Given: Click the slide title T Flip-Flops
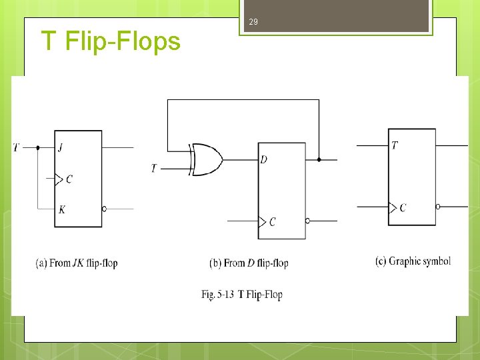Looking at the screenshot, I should coord(111,41).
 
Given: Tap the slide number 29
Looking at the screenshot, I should coord(253,23).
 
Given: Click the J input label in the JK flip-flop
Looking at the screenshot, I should coord(61,147).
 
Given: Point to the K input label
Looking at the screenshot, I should coord(61,209).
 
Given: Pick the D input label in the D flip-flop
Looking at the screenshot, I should coord(265,160).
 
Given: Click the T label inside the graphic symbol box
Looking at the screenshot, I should coord(395,145).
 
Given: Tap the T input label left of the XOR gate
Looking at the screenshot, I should coord(153,169).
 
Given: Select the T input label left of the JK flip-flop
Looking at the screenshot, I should coord(16,147).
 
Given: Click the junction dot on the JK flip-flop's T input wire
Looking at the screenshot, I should coord(37,147).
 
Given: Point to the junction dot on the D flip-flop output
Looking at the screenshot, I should coord(319,160).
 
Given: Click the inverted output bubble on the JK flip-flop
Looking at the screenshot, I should coord(104,209).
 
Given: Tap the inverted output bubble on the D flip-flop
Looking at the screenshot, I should coord(307,221).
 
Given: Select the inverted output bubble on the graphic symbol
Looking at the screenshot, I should coord(438,207).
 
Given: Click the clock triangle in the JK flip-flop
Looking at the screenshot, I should coord(59,179).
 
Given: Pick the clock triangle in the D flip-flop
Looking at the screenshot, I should coord(262,221).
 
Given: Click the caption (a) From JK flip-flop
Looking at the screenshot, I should coord(77,263).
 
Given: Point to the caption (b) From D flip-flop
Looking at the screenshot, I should coord(249,263).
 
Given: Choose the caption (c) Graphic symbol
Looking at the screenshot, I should coord(413,261).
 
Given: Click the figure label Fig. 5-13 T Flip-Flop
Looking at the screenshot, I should coord(242,294).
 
